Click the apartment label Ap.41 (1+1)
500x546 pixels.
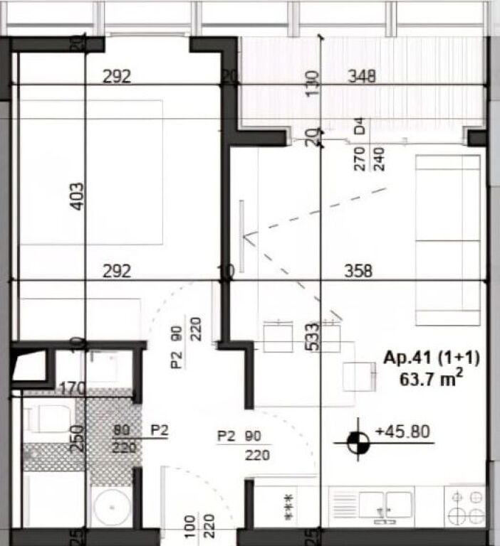coord(432,358)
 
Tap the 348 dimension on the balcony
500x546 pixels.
coord(361,75)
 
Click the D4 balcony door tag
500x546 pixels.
coord(360,129)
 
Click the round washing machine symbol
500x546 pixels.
coord(110,507)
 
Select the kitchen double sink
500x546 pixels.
coord(385,505)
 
